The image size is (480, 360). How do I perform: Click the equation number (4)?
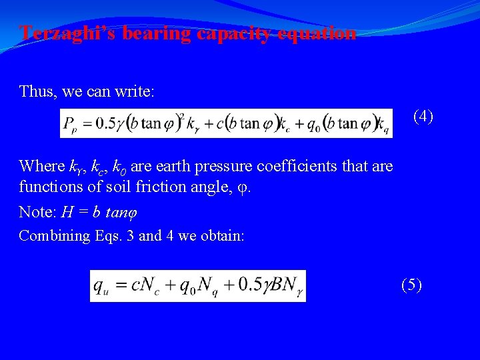click(423, 116)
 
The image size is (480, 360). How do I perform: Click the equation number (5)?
click(411, 285)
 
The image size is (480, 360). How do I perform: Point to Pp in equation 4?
click(70, 124)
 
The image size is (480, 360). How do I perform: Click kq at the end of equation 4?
click(383, 124)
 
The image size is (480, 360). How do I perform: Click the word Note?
click(35, 212)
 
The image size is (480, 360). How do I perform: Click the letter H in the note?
click(67, 212)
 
